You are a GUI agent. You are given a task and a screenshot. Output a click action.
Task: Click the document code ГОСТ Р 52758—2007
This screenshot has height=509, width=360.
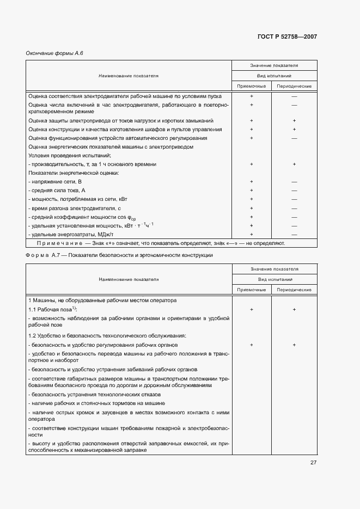click(x=287, y=37)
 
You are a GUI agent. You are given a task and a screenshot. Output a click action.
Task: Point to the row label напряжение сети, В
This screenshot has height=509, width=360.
click(x=54, y=181)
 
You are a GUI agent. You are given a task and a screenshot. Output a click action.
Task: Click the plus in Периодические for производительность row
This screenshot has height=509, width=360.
click(x=294, y=164)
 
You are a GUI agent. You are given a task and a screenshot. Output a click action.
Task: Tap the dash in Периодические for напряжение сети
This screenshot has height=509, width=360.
click(x=294, y=181)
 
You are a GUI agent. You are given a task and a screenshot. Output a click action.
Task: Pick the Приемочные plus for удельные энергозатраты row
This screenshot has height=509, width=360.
click(x=252, y=234)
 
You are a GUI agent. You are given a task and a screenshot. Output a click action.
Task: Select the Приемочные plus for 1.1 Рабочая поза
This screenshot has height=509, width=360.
click(x=252, y=309)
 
